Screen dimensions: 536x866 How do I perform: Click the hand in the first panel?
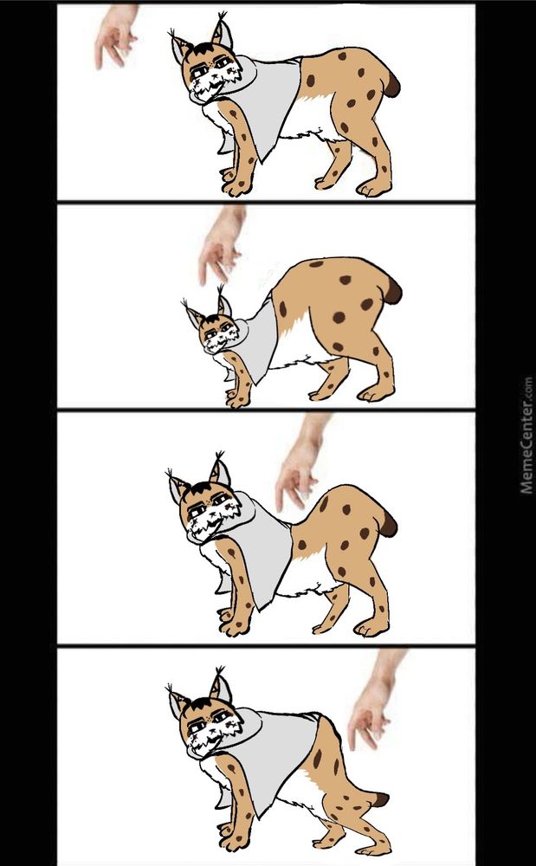point(115,36)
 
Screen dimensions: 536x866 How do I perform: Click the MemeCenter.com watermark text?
point(526,436)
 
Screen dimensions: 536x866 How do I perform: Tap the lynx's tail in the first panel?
point(391,85)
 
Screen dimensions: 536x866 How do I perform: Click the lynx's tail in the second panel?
point(392,290)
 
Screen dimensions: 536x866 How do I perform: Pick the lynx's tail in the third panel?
point(388,524)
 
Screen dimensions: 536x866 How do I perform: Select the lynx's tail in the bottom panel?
point(380,799)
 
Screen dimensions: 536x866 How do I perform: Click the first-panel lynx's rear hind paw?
point(374,188)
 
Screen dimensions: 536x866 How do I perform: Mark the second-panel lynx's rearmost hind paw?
point(375,393)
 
